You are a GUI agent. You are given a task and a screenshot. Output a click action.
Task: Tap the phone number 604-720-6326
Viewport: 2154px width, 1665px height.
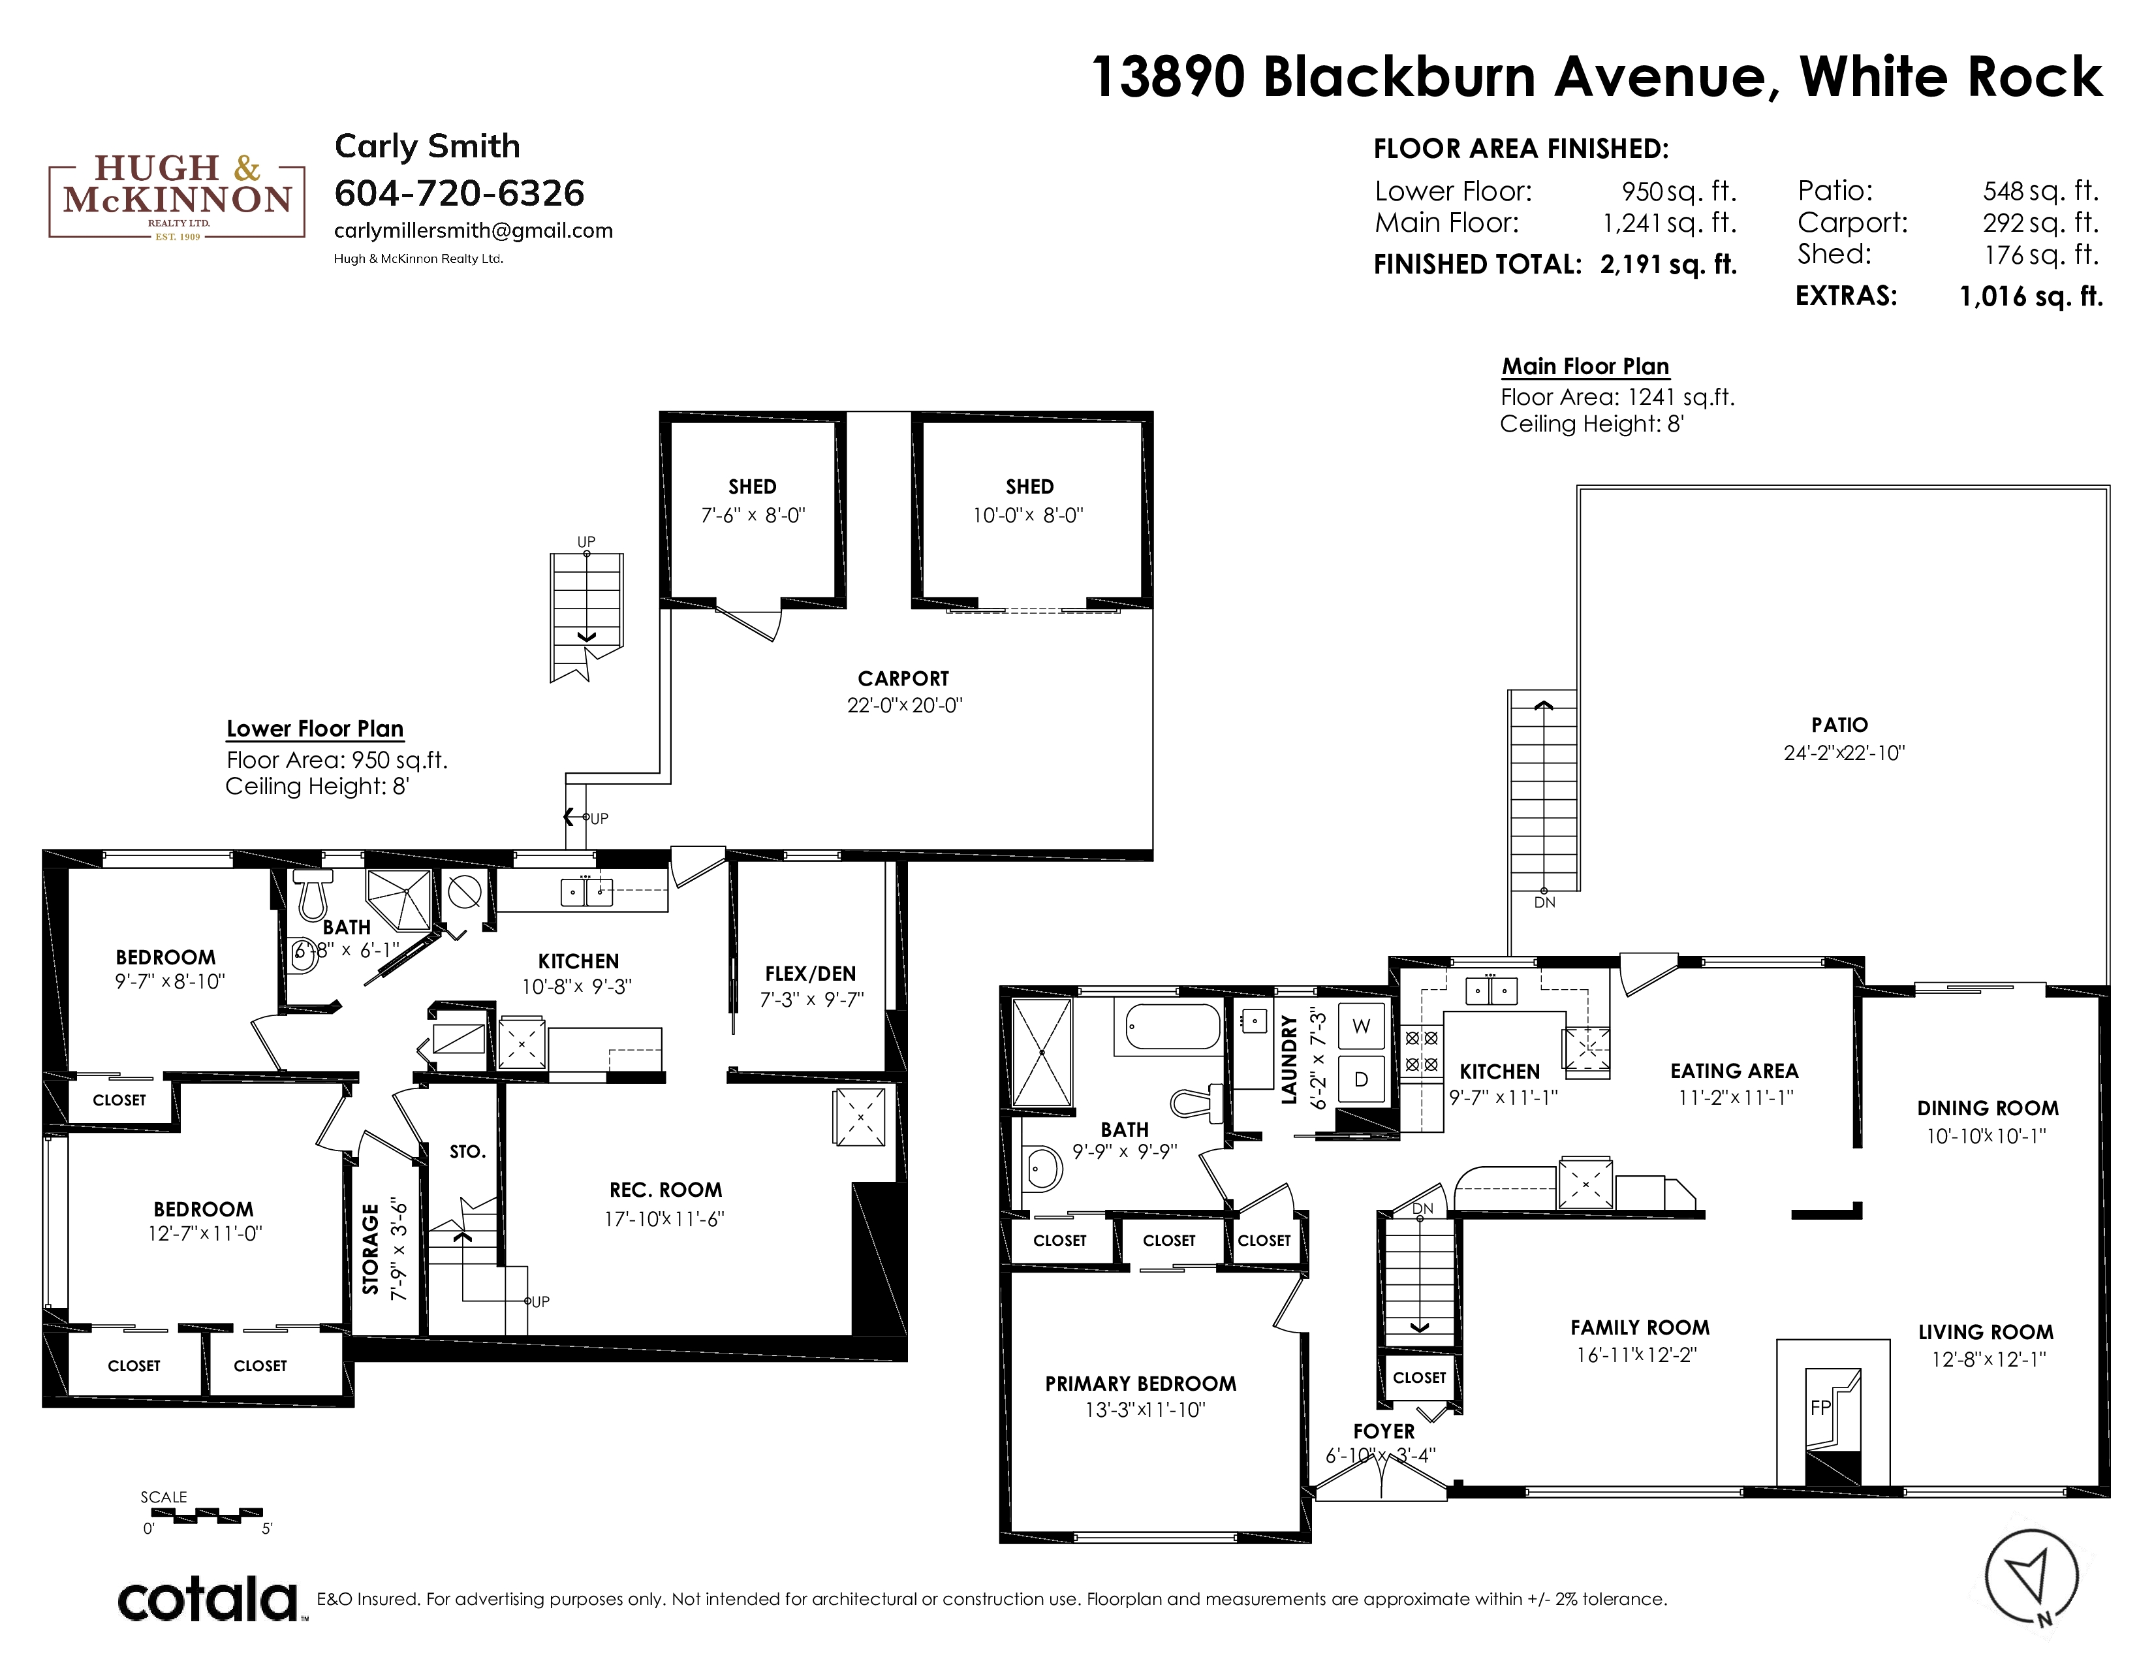click(460, 193)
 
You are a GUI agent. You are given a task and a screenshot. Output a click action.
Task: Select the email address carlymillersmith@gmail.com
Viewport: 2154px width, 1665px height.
click(473, 230)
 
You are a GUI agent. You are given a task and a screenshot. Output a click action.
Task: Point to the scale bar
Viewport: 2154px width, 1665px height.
click(203, 1512)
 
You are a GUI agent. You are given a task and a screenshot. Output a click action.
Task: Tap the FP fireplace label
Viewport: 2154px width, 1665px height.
click(1820, 1408)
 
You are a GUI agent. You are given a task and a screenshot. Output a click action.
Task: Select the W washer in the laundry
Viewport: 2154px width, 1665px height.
click(1361, 1026)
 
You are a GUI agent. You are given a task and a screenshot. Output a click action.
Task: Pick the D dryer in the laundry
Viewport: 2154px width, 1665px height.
click(1361, 1079)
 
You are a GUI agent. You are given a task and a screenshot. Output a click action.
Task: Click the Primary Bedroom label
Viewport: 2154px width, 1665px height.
click(1140, 1383)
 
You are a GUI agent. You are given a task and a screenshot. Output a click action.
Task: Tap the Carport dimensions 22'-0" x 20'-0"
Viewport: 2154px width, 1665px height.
click(905, 705)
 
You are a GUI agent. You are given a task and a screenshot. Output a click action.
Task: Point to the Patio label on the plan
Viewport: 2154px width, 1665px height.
click(1839, 725)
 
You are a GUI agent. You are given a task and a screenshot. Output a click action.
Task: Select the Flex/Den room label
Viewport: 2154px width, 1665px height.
click(810, 974)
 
